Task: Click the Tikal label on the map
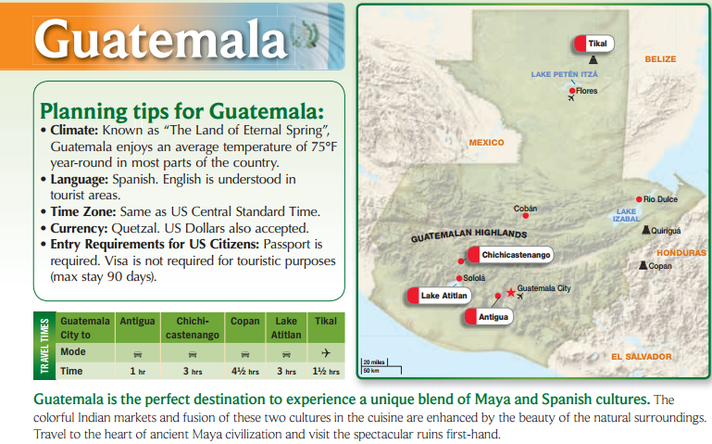593,44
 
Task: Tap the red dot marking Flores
572,91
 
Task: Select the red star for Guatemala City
511,292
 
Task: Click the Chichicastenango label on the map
510,255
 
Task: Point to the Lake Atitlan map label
439,296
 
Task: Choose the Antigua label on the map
489,317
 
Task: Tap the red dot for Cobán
525,216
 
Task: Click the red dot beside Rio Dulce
639,199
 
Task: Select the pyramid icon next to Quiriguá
645,230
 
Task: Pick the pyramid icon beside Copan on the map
643,265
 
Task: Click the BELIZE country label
660,59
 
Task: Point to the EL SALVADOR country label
641,357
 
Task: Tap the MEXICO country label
486,143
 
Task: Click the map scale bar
381,366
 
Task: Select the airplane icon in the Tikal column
326,353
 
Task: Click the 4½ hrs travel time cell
245,372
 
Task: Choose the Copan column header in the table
245,321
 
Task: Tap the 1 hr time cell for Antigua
138,372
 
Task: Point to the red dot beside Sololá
459,278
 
